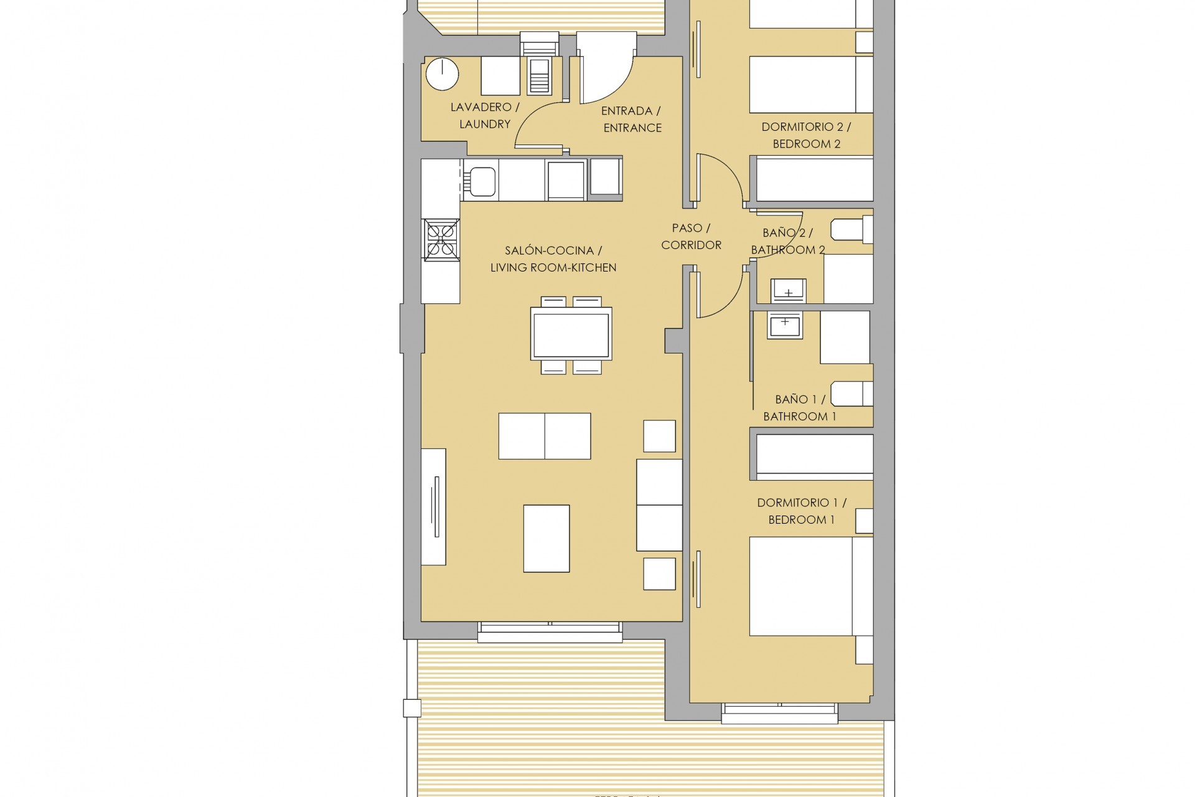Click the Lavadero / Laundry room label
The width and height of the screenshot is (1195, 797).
[x=484, y=116]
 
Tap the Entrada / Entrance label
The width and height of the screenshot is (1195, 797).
[x=632, y=120]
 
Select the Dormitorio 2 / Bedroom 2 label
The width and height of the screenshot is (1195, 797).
[x=806, y=135]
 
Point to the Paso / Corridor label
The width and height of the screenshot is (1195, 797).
[x=691, y=237]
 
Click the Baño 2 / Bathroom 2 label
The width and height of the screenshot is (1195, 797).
[x=787, y=242]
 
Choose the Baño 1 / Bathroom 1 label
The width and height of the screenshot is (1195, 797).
[x=800, y=408]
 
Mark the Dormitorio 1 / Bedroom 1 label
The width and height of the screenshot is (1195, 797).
[x=801, y=511]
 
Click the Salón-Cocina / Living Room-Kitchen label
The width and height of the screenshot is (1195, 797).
[x=553, y=259]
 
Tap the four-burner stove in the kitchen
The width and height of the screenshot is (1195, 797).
[x=441, y=240]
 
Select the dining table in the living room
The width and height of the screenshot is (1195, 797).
[x=571, y=336]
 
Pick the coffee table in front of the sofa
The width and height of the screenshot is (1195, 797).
[x=546, y=539]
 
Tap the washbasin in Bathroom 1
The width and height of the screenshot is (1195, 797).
[x=785, y=326]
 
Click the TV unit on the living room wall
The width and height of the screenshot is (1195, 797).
[x=434, y=506]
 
